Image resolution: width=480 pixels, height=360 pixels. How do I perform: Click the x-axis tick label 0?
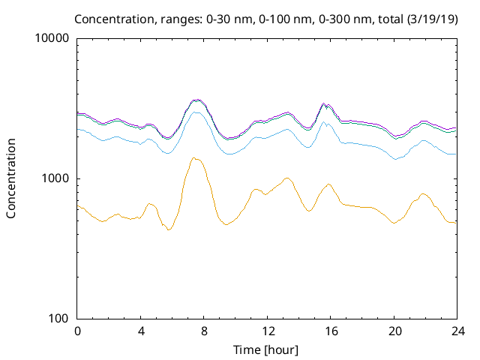(77, 331)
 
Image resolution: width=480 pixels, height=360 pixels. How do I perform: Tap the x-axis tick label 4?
(141, 331)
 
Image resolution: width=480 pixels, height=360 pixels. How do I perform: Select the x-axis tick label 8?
(204, 331)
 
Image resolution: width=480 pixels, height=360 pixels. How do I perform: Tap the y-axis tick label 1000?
(55, 178)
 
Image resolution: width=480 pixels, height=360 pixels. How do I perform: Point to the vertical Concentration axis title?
(11, 178)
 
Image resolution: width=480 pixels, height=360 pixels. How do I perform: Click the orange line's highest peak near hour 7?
(194, 157)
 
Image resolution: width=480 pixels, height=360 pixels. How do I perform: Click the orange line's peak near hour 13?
(287, 178)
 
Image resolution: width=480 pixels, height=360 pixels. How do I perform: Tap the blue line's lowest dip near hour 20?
(396, 159)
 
